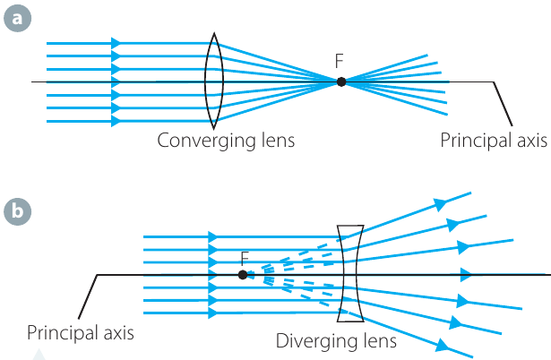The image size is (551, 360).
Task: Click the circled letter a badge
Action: pyautogui.click(x=17, y=18)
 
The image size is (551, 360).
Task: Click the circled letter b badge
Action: pyautogui.click(x=17, y=211)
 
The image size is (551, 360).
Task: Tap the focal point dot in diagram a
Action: pyautogui.click(x=340, y=81)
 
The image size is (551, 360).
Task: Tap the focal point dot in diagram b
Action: pyautogui.click(x=243, y=275)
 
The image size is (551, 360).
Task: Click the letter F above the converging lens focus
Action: pyautogui.click(x=339, y=61)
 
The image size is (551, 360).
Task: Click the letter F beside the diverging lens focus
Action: pyautogui.click(x=245, y=259)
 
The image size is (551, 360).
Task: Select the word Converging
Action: pyautogui.click(x=206, y=141)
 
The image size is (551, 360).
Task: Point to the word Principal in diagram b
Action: pyautogui.click(x=63, y=332)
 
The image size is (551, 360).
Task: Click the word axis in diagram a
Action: pyautogui.click(x=531, y=141)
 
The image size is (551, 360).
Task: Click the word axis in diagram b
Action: pyautogui.click(x=118, y=332)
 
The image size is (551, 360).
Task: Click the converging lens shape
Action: pyautogui.click(x=205, y=81)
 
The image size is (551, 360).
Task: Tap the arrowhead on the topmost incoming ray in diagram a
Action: pyautogui.click(x=116, y=43)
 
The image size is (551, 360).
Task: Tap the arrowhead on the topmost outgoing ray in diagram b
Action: pyautogui.click(x=440, y=203)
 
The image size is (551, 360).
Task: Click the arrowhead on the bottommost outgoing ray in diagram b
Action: pyautogui.click(x=443, y=346)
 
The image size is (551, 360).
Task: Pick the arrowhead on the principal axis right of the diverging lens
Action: pyautogui.click(x=466, y=275)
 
